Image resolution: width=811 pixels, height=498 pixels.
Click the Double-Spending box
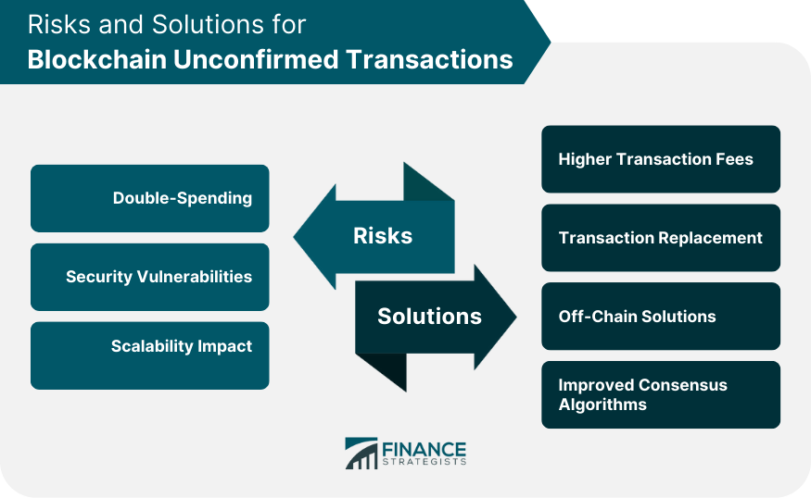click(150, 198)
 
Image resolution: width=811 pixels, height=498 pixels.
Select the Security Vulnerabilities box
click(150, 277)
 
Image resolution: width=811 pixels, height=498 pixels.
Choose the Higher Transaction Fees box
click(660, 159)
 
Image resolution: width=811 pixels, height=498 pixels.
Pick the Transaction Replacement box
click(660, 238)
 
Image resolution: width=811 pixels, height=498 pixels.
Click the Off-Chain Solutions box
click(660, 317)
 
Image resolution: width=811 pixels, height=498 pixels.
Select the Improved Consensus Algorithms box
click(660, 395)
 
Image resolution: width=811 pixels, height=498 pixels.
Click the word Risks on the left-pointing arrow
click(383, 236)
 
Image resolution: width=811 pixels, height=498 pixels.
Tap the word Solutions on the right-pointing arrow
click(429, 317)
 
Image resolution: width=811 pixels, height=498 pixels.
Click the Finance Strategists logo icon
click(361, 454)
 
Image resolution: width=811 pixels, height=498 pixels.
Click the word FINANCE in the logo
click(423, 447)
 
